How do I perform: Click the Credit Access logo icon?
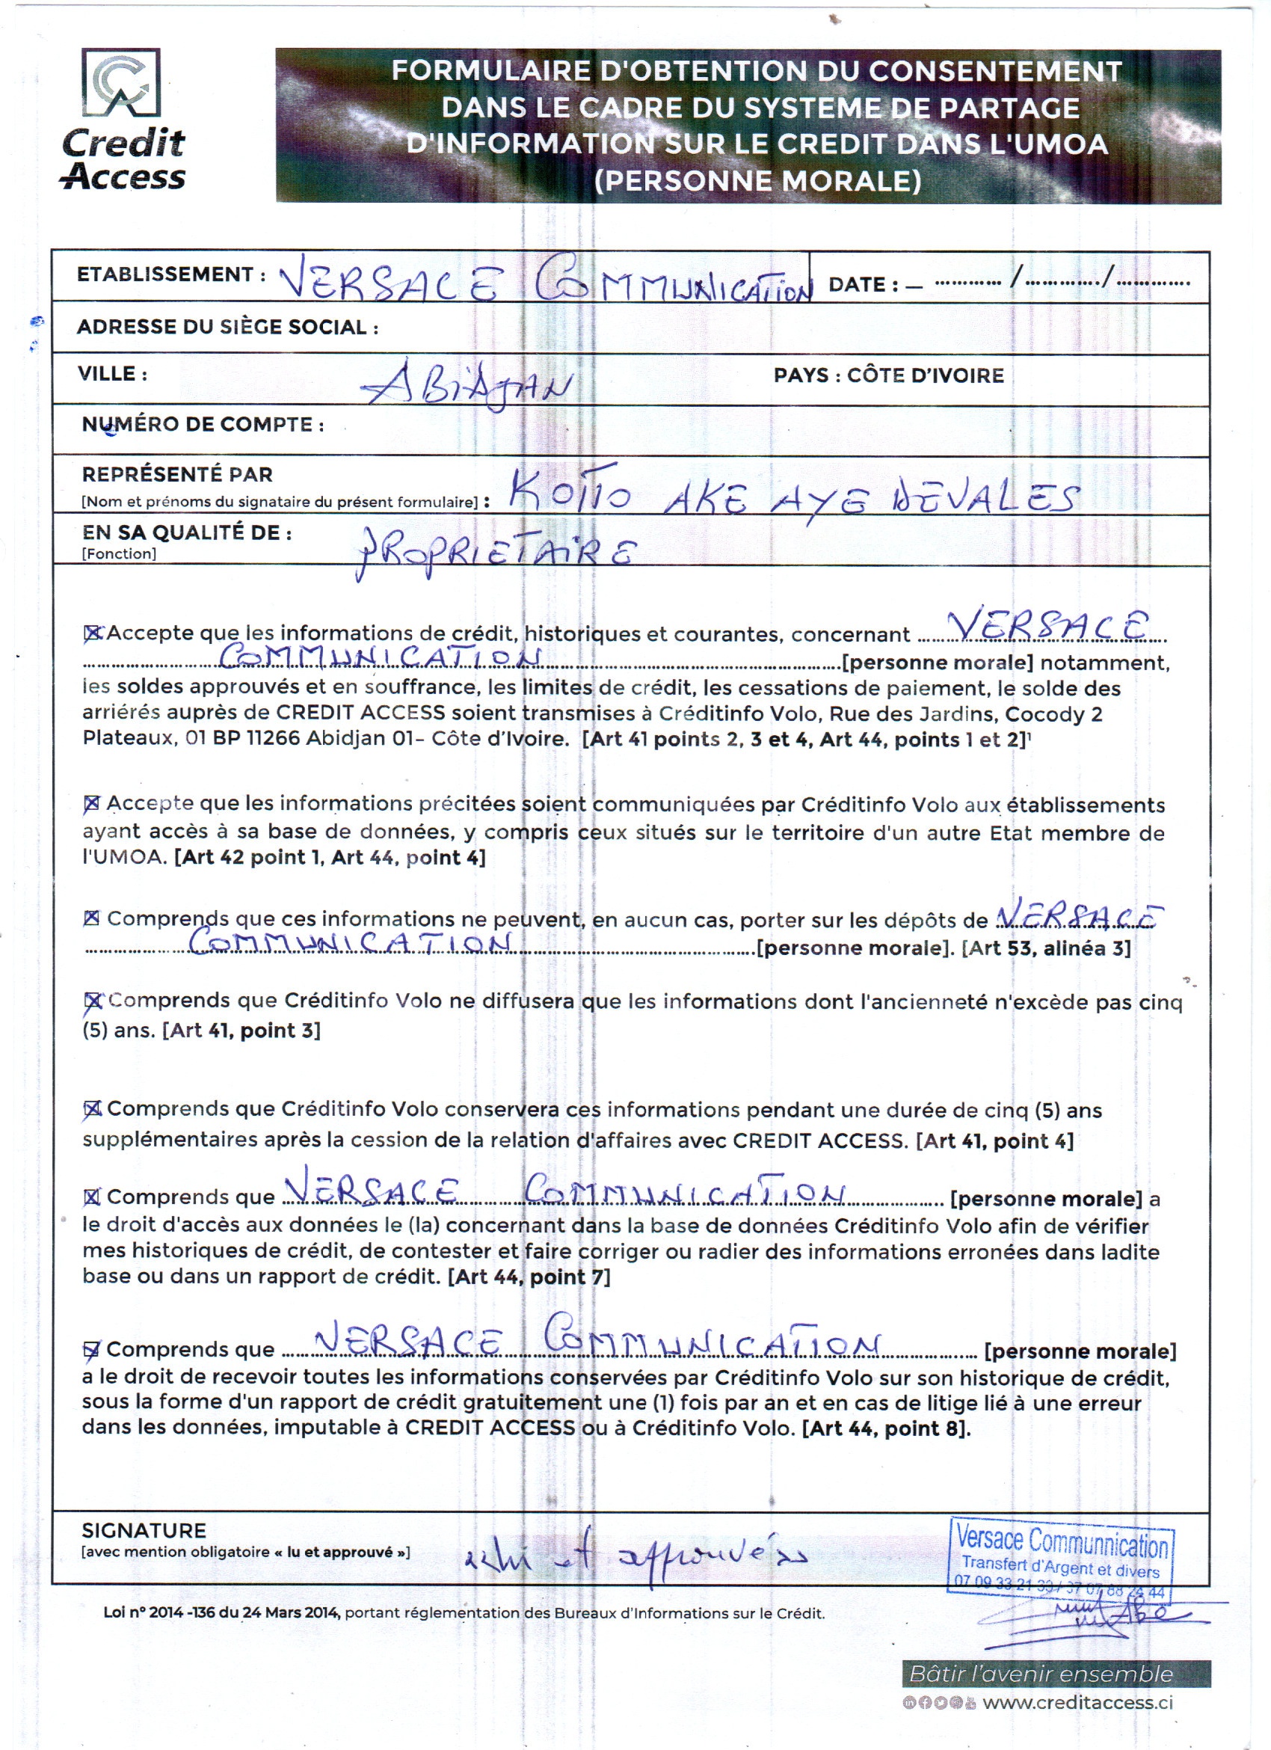tap(121, 82)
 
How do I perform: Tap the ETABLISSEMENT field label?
tap(165, 274)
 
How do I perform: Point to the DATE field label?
tap(863, 285)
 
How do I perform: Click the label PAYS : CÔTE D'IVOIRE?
tap(888, 375)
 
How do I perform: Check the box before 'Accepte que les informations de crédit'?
tap(93, 633)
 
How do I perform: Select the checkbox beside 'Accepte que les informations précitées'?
tap(92, 804)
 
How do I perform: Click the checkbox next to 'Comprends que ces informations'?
tap(92, 918)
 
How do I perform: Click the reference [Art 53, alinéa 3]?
tap(1046, 948)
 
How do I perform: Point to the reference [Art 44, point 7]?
tap(529, 1277)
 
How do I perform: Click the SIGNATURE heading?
tap(144, 1531)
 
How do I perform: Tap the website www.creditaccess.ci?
tap(1077, 1702)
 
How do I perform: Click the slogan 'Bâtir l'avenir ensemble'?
tap(1041, 1674)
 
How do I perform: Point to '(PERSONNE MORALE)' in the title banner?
tap(757, 180)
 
